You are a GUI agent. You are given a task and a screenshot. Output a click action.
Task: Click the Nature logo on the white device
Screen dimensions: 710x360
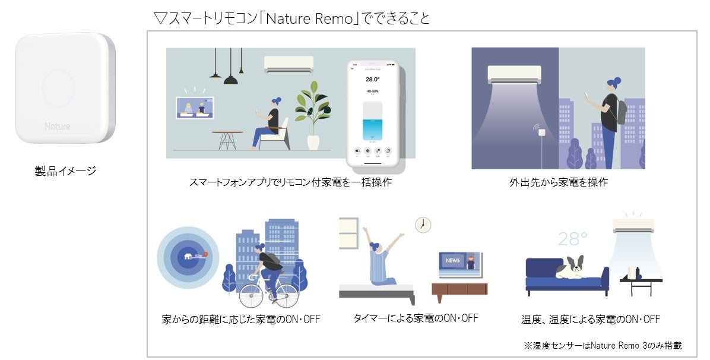tap(57, 127)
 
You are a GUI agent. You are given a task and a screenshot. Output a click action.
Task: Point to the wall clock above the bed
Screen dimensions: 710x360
tap(423, 224)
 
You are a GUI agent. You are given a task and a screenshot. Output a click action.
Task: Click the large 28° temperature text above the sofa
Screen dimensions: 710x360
tap(572, 239)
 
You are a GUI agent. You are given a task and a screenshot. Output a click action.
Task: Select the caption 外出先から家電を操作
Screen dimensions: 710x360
tap(559, 182)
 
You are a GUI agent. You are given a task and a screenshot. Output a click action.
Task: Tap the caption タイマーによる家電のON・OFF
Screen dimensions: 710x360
tap(416, 318)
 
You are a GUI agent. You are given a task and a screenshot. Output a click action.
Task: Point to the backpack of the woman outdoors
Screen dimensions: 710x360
tap(620, 111)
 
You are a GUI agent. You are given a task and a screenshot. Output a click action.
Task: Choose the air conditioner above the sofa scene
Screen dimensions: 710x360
tap(633, 225)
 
